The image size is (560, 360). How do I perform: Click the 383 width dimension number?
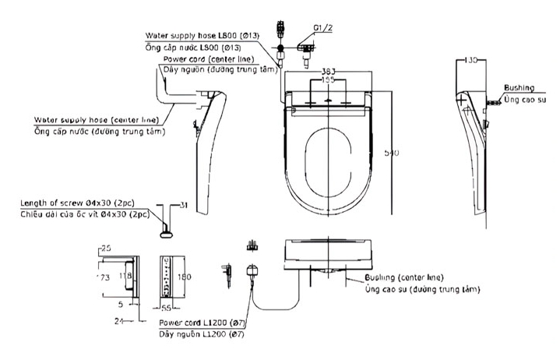tap(329, 71)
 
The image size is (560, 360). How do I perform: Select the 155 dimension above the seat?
tap(329, 80)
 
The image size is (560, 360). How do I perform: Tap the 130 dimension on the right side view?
tap(469, 59)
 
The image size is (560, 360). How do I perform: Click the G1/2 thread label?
tap(322, 27)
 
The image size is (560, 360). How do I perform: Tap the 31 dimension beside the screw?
tap(182, 205)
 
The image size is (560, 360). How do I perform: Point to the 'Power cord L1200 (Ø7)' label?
tap(203, 322)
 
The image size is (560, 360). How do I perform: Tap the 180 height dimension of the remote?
tap(185, 276)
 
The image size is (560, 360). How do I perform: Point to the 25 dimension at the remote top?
tap(105, 249)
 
